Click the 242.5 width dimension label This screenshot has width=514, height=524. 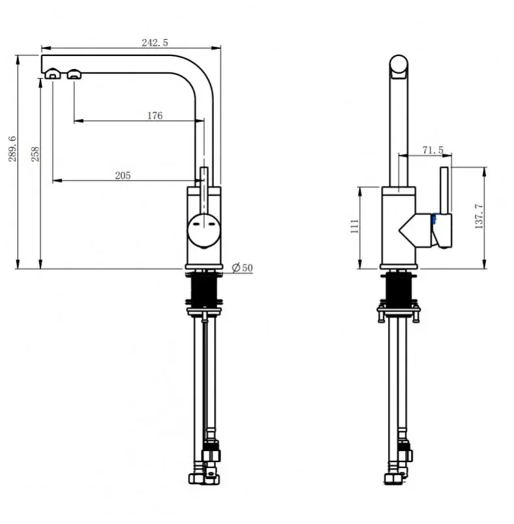pyautogui.click(x=155, y=42)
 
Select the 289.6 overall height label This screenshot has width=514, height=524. pyautogui.click(x=12, y=149)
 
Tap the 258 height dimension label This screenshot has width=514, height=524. pyautogui.click(x=35, y=154)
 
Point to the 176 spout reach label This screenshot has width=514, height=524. pyautogui.click(x=155, y=115)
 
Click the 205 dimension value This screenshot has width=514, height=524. pyautogui.click(x=123, y=175)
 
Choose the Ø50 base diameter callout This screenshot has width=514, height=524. pyautogui.click(x=243, y=268)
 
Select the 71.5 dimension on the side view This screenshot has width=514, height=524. pyautogui.click(x=432, y=150)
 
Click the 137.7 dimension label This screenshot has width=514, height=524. pyautogui.click(x=479, y=216)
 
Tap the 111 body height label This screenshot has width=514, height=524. pyautogui.click(x=354, y=226)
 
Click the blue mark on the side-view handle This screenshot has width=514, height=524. pyautogui.click(x=434, y=219)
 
